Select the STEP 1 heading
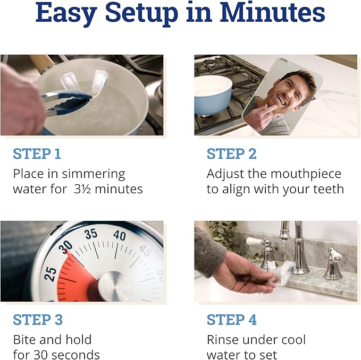point(37,154)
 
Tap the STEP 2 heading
point(231,154)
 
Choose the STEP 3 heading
point(37,320)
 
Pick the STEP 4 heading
point(231,320)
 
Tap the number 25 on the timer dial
point(51,273)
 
